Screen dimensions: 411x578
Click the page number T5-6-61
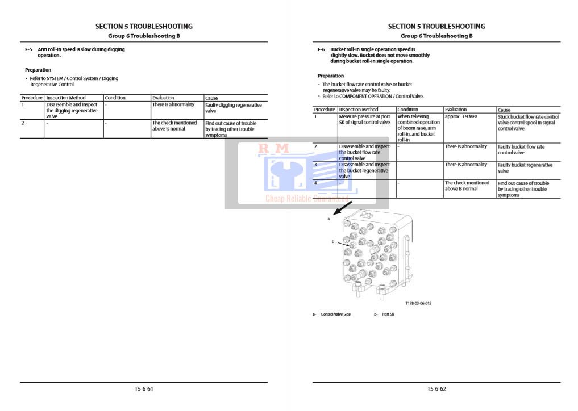click(x=144, y=389)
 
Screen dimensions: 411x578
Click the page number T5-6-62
click(x=436, y=389)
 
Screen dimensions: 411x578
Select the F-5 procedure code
click(x=28, y=49)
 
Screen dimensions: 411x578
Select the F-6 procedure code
click(x=321, y=49)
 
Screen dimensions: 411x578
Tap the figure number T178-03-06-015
click(x=418, y=303)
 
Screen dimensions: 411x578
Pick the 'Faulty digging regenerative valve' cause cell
click(x=234, y=108)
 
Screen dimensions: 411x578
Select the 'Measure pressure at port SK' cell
click(x=364, y=119)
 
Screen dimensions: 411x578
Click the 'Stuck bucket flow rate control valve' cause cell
click(x=528, y=123)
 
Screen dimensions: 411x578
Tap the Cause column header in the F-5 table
click(x=211, y=98)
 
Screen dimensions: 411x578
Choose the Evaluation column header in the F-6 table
click(x=456, y=110)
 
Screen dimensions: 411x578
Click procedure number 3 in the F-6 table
click(x=315, y=165)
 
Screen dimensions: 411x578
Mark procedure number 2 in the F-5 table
click(x=23, y=123)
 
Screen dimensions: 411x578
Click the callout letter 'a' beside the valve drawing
click(x=328, y=218)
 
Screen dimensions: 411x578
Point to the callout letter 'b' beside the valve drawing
click(x=333, y=241)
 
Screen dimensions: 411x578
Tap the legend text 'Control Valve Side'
click(x=336, y=314)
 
